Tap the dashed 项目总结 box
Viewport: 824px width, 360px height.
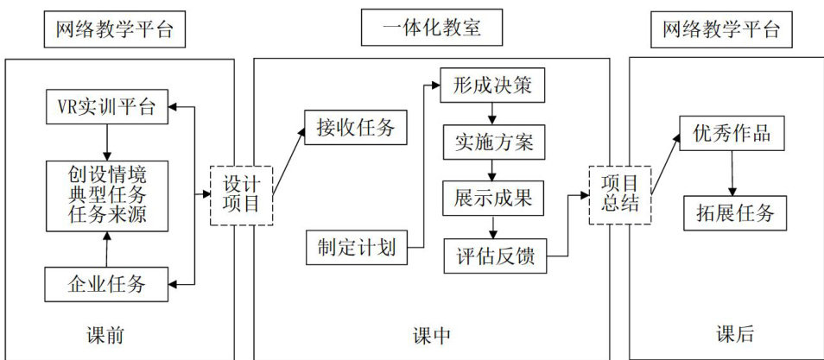pos(619,195)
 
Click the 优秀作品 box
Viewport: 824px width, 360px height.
pos(732,135)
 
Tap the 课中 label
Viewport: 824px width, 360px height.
pos(432,335)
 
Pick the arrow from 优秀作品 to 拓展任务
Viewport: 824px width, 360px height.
pos(732,173)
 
